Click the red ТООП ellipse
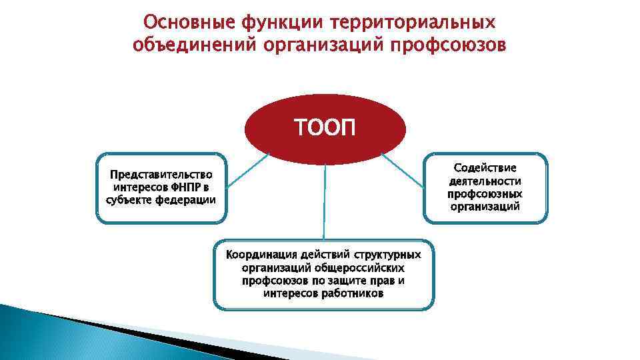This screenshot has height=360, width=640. pos(325,127)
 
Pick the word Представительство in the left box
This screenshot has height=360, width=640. pos(161,175)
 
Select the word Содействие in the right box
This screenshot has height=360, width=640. pos(485,167)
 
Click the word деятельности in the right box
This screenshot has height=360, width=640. pos(485,181)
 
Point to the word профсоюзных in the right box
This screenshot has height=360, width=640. pos(485,193)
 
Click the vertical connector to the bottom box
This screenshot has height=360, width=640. pos(325,200)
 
